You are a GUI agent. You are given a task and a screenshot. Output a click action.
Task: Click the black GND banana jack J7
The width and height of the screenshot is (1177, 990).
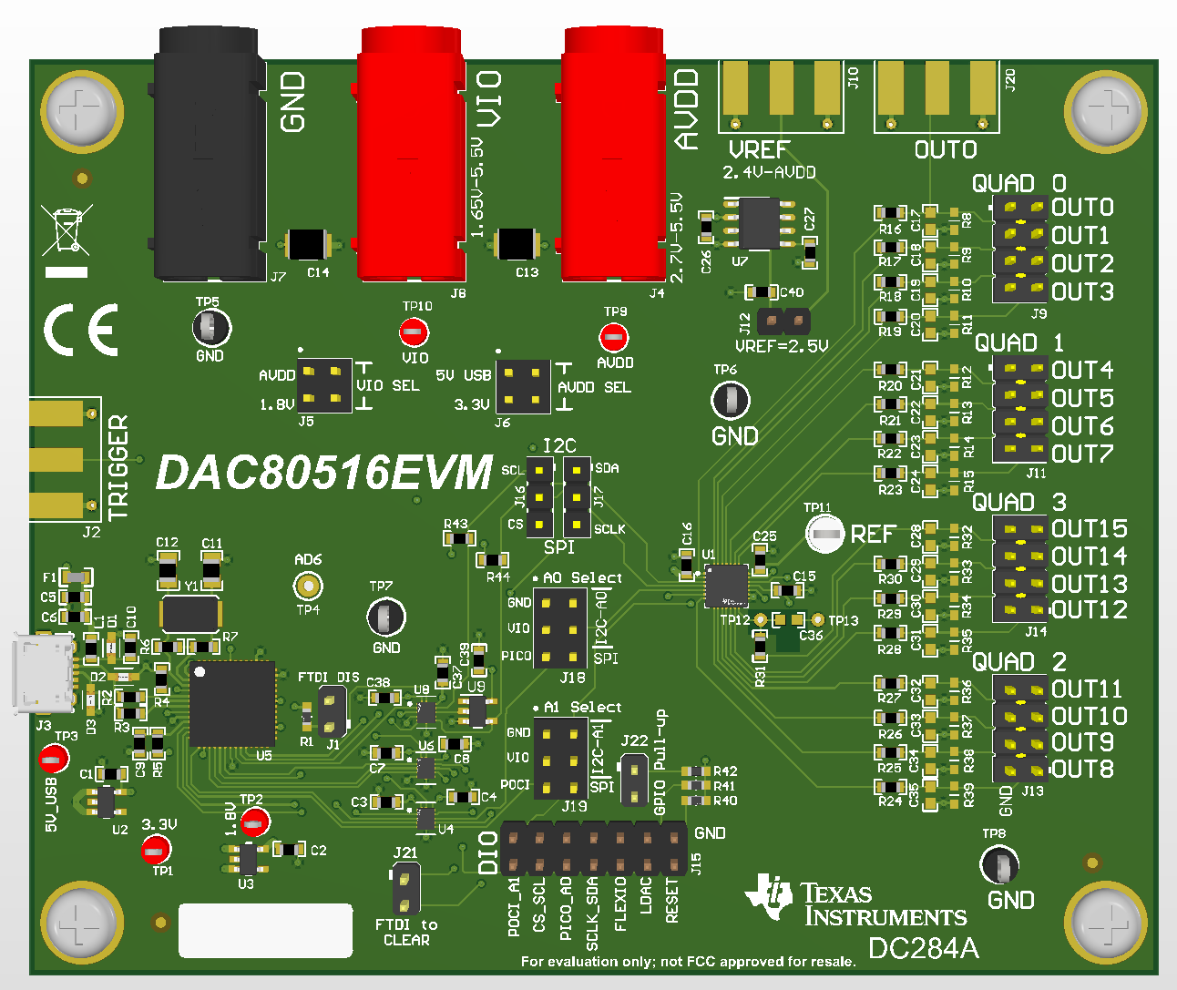pyautogui.click(x=210, y=155)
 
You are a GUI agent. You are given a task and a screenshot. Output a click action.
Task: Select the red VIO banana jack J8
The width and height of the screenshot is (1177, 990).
pyautogui.click(x=413, y=155)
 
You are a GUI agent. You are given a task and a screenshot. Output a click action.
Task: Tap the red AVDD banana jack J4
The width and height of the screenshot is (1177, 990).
pyautogui.click(x=615, y=155)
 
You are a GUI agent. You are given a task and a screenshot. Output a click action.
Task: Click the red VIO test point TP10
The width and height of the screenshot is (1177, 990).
pyautogui.click(x=415, y=332)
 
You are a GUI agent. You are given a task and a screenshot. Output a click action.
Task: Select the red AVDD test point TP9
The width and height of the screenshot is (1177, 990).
pyautogui.click(x=614, y=338)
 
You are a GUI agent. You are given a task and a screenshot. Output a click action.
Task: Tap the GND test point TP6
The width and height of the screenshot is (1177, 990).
pyautogui.click(x=730, y=399)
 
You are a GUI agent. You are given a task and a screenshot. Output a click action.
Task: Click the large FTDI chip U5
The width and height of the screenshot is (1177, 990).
pyautogui.click(x=232, y=704)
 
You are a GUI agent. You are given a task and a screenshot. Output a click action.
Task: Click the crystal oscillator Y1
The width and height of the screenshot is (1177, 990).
pyautogui.click(x=189, y=615)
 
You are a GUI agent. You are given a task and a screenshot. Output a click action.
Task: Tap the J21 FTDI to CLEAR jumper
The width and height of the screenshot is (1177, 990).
pyautogui.click(x=405, y=889)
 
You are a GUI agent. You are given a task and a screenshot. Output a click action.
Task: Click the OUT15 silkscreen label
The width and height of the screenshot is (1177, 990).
pyautogui.click(x=1089, y=529)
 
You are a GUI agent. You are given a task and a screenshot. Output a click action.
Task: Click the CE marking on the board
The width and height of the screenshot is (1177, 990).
pyautogui.click(x=81, y=330)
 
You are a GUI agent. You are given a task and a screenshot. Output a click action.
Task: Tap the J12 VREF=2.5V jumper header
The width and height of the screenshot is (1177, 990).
pyautogui.click(x=783, y=321)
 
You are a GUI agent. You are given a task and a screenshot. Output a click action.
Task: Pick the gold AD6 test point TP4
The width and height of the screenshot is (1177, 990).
pyautogui.click(x=308, y=585)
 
